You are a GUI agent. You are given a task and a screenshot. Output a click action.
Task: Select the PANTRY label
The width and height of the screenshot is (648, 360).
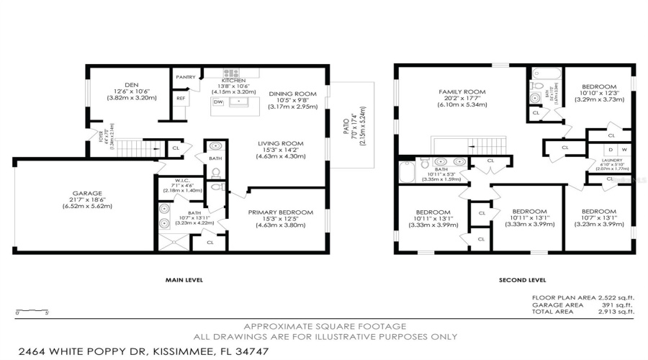point(186,76)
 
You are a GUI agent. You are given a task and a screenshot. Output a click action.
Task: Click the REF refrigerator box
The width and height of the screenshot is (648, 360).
point(181,99)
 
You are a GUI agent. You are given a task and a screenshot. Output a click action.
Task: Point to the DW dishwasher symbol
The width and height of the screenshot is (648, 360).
point(218,102)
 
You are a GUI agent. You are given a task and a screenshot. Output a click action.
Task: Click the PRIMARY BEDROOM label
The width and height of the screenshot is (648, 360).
point(277,212)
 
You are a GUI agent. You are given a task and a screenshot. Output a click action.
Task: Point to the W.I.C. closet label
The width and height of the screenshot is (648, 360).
point(182,181)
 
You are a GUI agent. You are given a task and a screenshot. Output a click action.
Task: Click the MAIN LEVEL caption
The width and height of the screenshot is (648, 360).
point(184,280)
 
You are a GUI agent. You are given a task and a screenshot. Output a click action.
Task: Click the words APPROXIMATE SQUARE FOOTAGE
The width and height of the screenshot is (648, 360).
point(324,326)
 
